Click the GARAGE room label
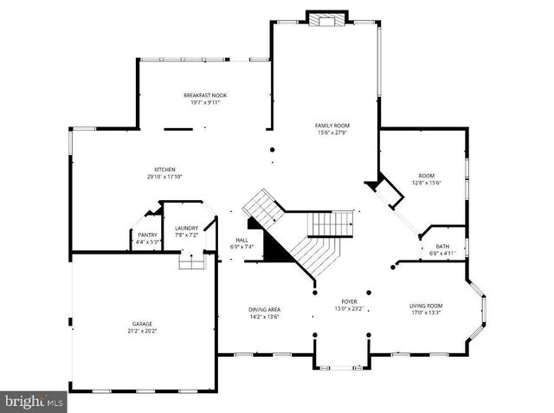(x=142, y=324)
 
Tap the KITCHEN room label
(x=164, y=169)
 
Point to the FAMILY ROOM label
(x=331, y=126)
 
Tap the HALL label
(x=242, y=240)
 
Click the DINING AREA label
(x=264, y=309)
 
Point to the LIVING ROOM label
(x=426, y=306)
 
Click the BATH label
(x=442, y=246)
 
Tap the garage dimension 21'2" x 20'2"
(x=142, y=331)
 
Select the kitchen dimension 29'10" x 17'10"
(x=164, y=177)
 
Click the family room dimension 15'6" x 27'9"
(x=331, y=132)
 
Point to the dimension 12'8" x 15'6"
(x=427, y=183)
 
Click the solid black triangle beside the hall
(x=274, y=249)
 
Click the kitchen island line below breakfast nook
(x=178, y=129)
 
